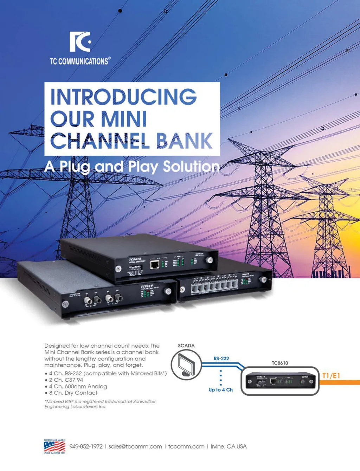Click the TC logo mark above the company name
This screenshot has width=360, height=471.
(80, 42)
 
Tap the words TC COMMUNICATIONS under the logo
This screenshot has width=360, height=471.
(80, 61)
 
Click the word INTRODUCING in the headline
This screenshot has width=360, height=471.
(123, 97)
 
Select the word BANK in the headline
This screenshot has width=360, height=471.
(184, 141)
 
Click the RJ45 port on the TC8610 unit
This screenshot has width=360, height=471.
(155, 264)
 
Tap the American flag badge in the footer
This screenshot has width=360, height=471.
(54, 446)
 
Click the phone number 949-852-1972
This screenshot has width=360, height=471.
(86, 446)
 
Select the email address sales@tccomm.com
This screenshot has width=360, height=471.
(135, 446)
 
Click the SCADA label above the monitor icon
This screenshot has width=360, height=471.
(186, 346)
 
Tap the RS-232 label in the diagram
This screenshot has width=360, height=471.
(221, 359)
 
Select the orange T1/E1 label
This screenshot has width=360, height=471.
(331, 376)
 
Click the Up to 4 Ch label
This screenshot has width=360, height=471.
(220, 390)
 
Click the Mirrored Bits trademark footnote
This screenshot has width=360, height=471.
(100, 404)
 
